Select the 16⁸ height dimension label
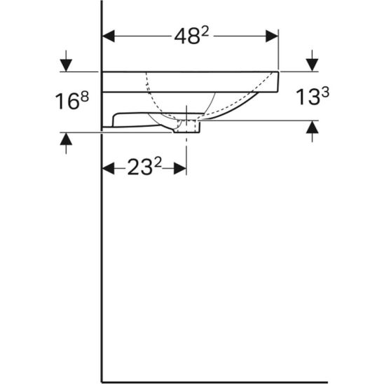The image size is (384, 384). [x=73, y=102]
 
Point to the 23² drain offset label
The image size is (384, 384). [x=144, y=167]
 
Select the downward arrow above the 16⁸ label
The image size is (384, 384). [x=66, y=63]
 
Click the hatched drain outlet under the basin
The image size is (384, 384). [x=190, y=127]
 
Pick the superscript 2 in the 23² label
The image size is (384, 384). [x=158, y=162]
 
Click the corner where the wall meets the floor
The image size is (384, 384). [x=103, y=382]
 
